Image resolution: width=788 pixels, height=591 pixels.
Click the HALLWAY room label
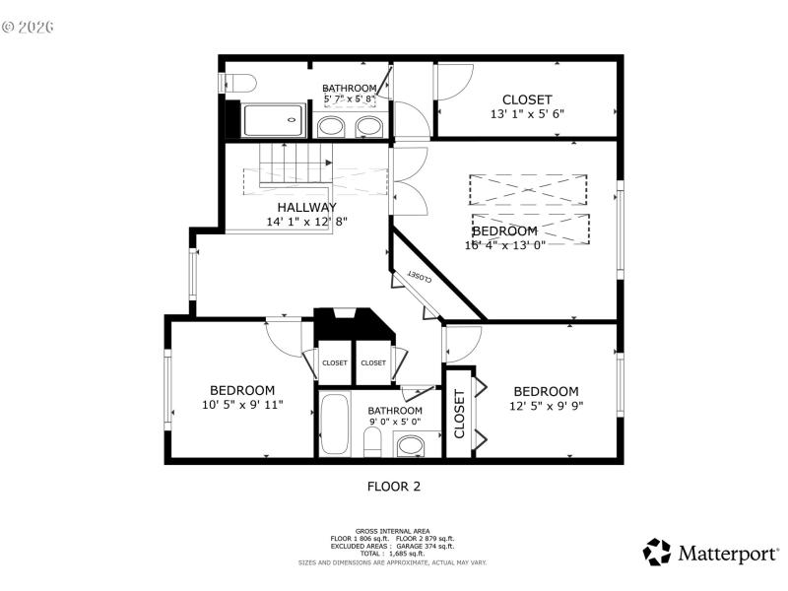pyautogui.click(x=306, y=207)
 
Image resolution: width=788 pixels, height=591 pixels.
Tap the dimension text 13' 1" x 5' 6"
pyautogui.click(x=527, y=113)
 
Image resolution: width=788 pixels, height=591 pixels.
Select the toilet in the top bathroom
pyautogui.click(x=239, y=82)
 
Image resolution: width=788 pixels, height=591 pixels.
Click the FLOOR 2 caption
pyautogui.click(x=394, y=486)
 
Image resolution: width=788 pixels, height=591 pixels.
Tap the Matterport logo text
pyautogui.click(x=726, y=554)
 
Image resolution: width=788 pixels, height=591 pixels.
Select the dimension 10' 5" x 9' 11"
pyautogui.click(x=241, y=405)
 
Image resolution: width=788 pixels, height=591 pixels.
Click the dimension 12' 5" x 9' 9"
pyautogui.click(x=546, y=405)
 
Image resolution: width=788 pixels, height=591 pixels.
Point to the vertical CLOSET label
pyautogui.click(x=459, y=414)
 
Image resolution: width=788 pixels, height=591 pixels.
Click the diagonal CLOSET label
pyautogui.click(x=419, y=279)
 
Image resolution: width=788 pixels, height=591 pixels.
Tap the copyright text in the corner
pyautogui.click(x=28, y=27)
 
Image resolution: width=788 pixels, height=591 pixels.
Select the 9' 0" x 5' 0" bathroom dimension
pyautogui.click(x=394, y=423)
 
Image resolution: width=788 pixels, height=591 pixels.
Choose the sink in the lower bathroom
pyautogui.click(x=409, y=446)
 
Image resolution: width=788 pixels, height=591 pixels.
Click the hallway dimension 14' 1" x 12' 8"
pyautogui.click(x=306, y=222)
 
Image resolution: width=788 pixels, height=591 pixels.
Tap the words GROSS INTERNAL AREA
pyautogui.click(x=393, y=531)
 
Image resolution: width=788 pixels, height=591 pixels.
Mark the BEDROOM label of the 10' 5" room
pyautogui.click(x=241, y=390)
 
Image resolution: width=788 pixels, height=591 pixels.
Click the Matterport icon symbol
pyautogui.click(x=657, y=553)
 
